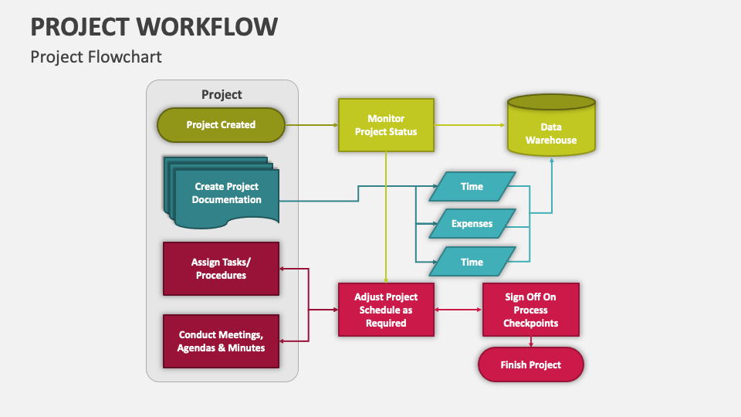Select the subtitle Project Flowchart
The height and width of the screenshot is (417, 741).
96,57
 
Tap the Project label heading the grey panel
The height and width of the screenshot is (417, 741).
222,94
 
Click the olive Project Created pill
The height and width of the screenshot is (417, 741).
221,125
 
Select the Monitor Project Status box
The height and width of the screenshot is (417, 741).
386,125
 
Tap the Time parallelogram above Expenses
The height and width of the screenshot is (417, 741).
472,186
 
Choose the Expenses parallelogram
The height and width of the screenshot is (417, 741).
472,224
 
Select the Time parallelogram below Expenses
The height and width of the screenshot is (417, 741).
472,262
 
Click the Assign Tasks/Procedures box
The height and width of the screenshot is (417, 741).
221,269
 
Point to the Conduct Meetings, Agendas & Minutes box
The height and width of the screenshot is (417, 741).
221,341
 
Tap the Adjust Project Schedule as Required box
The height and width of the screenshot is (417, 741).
386,310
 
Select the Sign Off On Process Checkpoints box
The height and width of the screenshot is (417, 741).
530,310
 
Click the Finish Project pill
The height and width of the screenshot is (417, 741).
530,364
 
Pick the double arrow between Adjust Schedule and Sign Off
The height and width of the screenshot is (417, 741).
458,310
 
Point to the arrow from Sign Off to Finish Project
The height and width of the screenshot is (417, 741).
530,342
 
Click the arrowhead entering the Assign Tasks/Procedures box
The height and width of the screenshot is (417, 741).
283,269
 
